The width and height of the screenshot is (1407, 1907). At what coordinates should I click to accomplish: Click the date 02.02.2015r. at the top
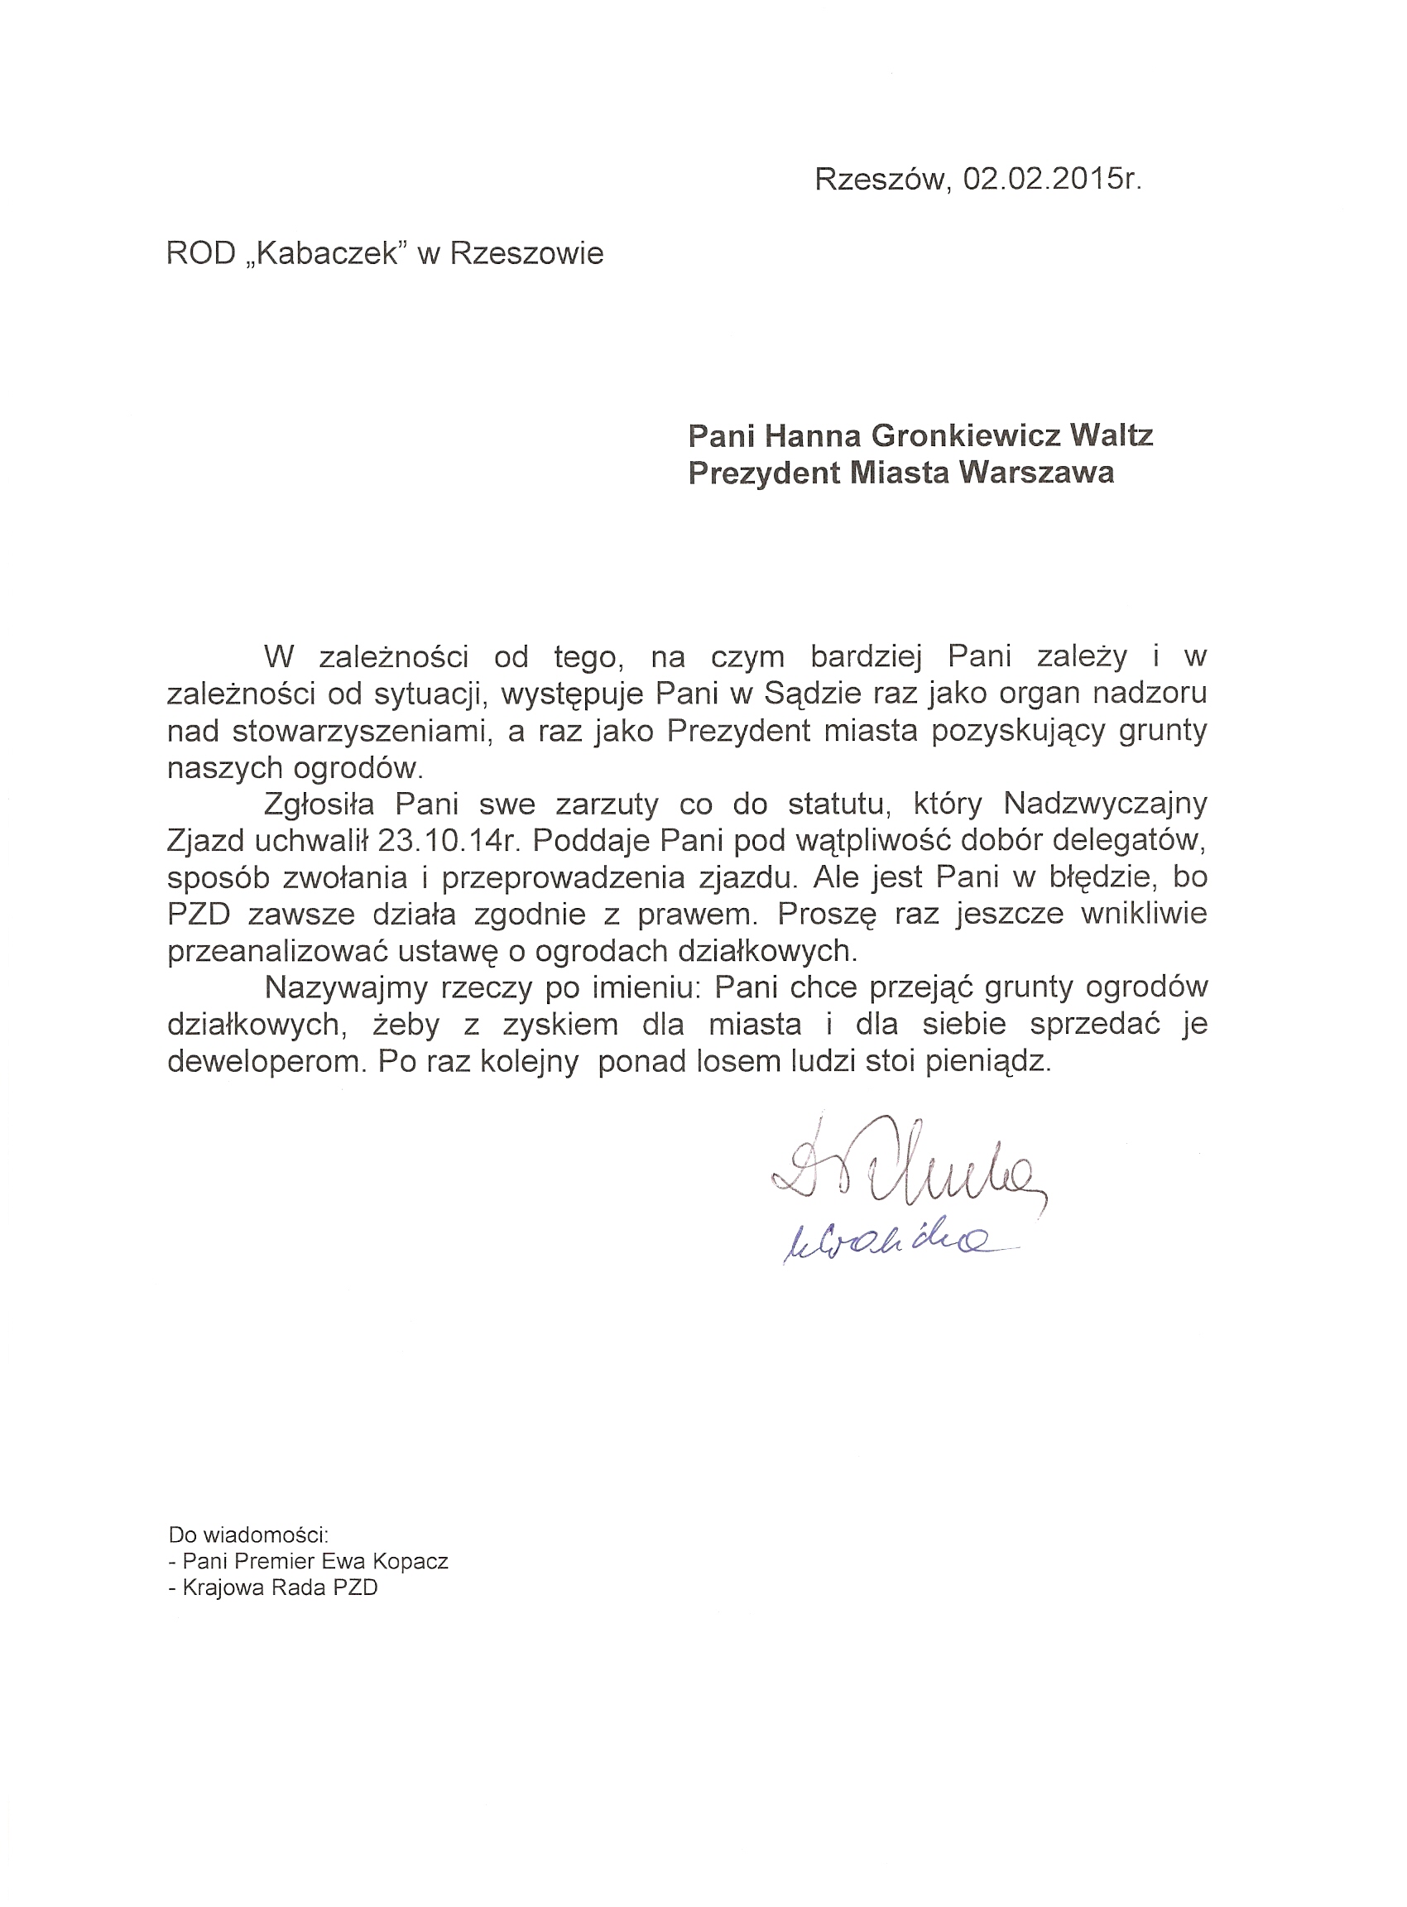(x=1052, y=179)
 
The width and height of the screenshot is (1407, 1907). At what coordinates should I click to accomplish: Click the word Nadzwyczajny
(x=1105, y=803)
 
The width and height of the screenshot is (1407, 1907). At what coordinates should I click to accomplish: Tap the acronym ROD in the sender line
(x=200, y=254)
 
